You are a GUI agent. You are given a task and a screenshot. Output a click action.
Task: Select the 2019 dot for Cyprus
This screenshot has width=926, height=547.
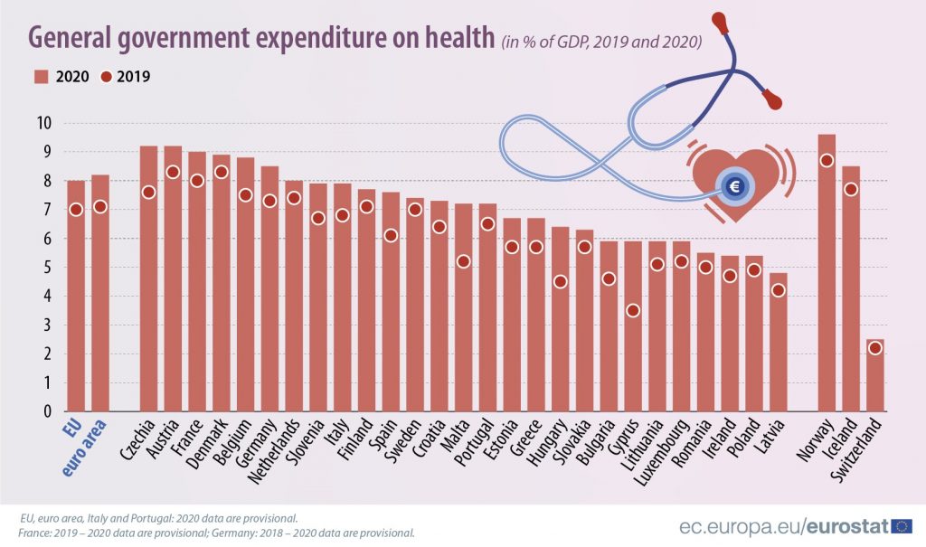pos(633,310)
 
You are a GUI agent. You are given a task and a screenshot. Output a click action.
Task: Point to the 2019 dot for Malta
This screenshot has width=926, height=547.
pos(463,261)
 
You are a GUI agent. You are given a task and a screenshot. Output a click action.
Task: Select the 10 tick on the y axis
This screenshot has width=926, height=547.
pos(43,123)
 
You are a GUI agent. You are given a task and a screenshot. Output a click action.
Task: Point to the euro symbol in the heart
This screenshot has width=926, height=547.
pos(733,187)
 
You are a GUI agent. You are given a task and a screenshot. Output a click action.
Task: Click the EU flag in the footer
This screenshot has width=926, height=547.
pos(902,525)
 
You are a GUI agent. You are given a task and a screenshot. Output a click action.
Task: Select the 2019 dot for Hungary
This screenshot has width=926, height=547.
pos(561,281)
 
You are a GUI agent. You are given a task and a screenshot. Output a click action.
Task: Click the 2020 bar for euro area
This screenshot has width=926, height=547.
pos(99,298)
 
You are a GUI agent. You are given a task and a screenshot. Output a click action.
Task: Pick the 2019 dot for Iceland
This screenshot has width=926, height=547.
pos(850,189)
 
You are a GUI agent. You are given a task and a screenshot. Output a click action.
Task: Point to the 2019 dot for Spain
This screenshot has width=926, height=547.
pos(391,235)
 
